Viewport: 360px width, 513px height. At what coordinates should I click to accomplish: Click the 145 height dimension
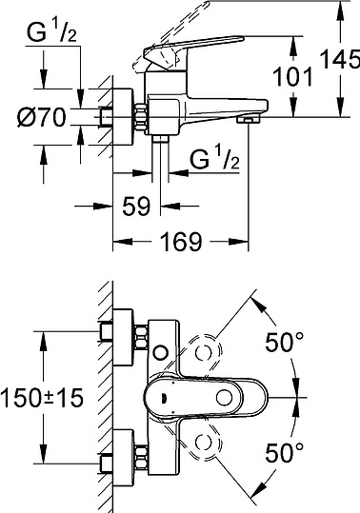click(339, 59)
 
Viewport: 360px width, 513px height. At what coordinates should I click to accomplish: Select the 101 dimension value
click(292, 77)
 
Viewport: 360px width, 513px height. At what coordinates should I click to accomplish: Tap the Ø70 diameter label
click(42, 117)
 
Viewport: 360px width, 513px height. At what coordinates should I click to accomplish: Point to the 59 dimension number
click(136, 207)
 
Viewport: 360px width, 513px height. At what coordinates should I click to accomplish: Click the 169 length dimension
click(181, 242)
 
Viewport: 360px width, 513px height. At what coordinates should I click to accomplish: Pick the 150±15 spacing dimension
click(42, 398)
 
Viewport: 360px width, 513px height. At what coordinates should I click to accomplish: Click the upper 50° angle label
click(285, 342)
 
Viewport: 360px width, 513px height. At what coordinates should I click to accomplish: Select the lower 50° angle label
click(285, 453)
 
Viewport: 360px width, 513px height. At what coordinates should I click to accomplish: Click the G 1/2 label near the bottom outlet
click(214, 159)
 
